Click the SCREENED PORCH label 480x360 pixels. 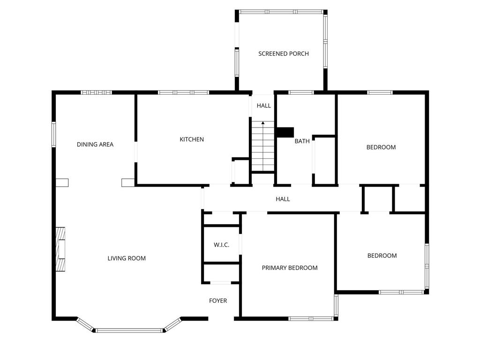284,54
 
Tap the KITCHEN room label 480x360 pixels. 192,140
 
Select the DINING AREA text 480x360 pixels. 95,144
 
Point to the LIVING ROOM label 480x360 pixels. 127,258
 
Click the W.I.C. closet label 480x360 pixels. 221,245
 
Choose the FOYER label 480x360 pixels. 218,301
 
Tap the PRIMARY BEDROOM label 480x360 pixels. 290,268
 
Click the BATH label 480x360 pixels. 302,141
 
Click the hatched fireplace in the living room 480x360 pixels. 60,249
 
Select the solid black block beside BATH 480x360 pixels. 285,132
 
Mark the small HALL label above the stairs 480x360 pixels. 264,106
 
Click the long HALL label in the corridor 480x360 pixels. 283,199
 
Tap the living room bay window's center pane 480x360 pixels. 129,330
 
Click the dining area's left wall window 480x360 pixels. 53,135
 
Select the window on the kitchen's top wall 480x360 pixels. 184,92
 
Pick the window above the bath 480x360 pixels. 301,92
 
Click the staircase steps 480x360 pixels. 263,146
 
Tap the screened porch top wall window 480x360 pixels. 281,12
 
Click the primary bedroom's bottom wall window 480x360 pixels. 311,319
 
